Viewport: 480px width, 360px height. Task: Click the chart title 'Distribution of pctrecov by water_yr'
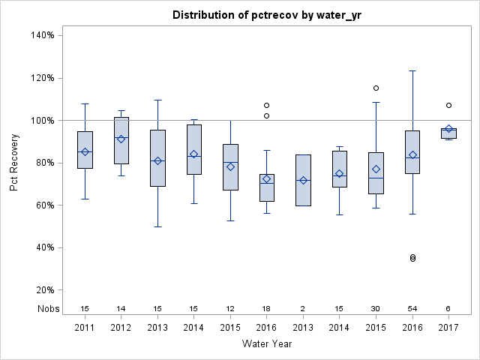coord(267,15)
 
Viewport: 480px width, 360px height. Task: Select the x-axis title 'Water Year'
coord(267,343)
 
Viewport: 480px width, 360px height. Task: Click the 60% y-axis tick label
coord(43,205)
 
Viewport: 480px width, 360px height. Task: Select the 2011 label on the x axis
coord(85,327)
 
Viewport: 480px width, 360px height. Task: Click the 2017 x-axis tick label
coord(448,327)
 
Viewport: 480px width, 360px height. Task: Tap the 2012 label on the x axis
coord(121,327)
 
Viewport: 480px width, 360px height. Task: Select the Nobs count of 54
coord(412,308)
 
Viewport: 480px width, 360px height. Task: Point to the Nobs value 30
coord(376,308)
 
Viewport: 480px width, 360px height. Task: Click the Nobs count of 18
coord(267,308)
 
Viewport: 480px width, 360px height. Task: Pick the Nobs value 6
coord(448,308)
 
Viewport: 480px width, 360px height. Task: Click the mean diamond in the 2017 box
coord(448,129)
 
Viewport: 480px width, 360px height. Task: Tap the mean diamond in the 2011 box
coord(85,151)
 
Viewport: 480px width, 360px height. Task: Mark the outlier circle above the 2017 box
coord(448,105)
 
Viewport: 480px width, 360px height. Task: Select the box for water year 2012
coord(121,140)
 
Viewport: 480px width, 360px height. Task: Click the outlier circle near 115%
coord(376,88)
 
